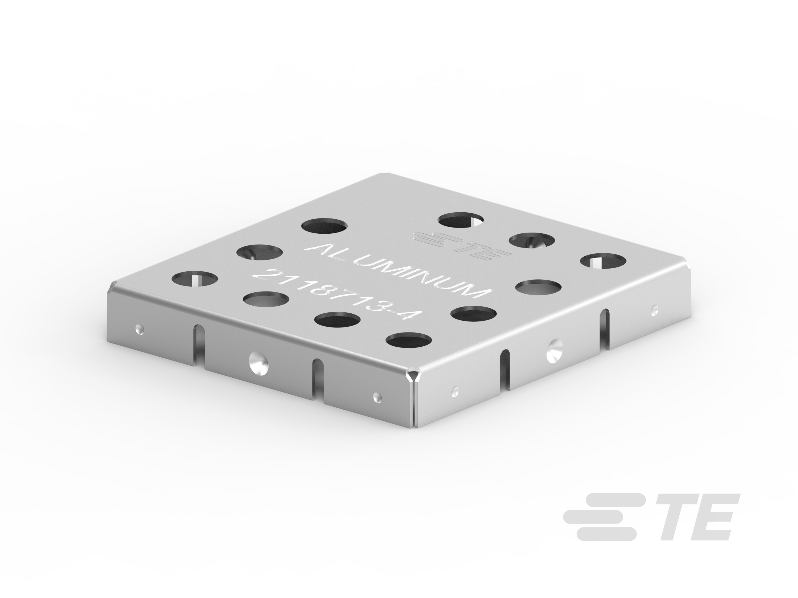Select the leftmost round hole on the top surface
click(195, 279)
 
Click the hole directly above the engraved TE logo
click(461, 220)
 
